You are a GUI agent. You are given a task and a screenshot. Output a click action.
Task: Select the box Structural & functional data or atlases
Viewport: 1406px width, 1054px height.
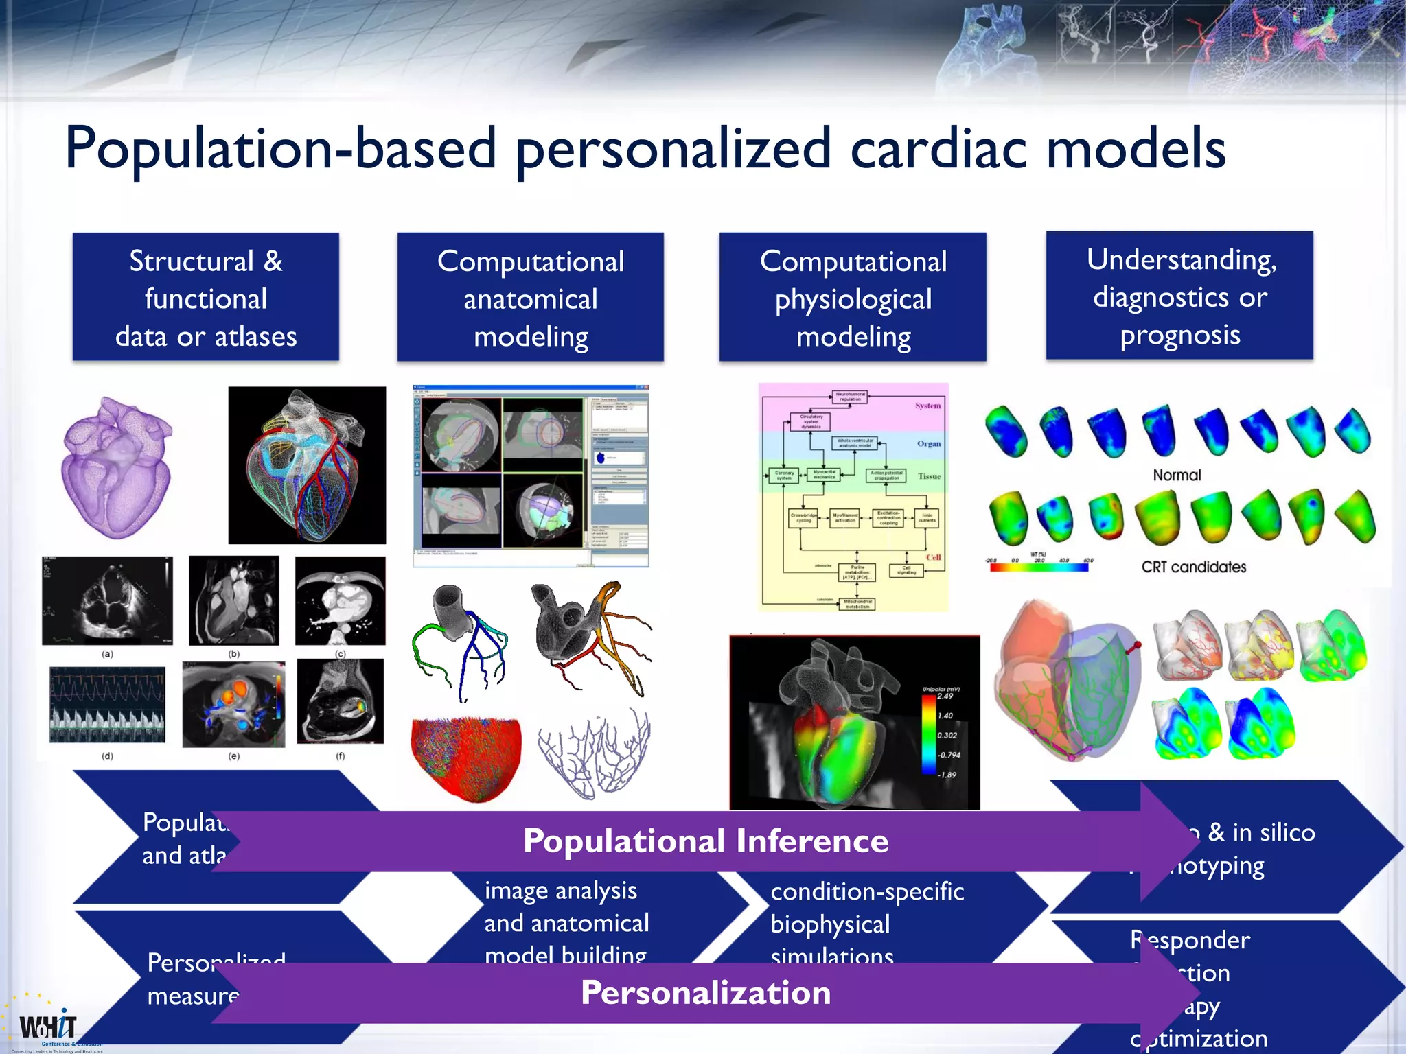pos(206,298)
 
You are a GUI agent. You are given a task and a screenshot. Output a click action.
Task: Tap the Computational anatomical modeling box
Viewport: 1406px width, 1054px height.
pos(530,298)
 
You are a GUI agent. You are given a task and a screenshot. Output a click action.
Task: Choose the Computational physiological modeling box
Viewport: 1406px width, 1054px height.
pos(853,298)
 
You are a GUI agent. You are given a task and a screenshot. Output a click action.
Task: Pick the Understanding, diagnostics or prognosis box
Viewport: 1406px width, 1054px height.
pos(1180,296)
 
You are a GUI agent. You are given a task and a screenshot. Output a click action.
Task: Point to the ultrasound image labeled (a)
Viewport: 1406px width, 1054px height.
pos(107,600)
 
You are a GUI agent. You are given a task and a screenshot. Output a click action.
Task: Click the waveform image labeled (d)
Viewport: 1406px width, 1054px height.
pos(107,705)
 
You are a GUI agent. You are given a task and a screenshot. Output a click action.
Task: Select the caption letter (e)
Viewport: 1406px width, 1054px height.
pos(234,756)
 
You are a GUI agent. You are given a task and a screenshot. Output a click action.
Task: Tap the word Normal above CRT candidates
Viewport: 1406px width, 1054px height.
pos(1177,475)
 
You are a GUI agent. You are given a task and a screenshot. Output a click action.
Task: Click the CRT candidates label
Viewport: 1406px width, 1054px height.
pos(1194,567)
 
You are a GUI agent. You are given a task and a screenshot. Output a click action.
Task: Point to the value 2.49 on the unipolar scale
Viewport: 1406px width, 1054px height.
pos(945,696)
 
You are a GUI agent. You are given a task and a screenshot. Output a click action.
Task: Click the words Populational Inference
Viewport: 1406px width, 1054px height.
pos(705,841)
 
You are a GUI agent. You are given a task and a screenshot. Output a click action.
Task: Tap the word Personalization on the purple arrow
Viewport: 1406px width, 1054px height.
pos(705,993)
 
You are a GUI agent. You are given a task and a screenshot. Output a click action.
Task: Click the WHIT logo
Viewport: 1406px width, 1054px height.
pos(48,1027)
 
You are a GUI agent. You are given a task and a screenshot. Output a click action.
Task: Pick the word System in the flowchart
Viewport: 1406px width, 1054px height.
pos(927,406)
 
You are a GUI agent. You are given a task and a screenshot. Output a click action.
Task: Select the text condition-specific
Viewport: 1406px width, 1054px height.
pos(867,891)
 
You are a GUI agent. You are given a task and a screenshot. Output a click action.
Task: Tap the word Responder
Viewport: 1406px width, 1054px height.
pos(1190,940)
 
